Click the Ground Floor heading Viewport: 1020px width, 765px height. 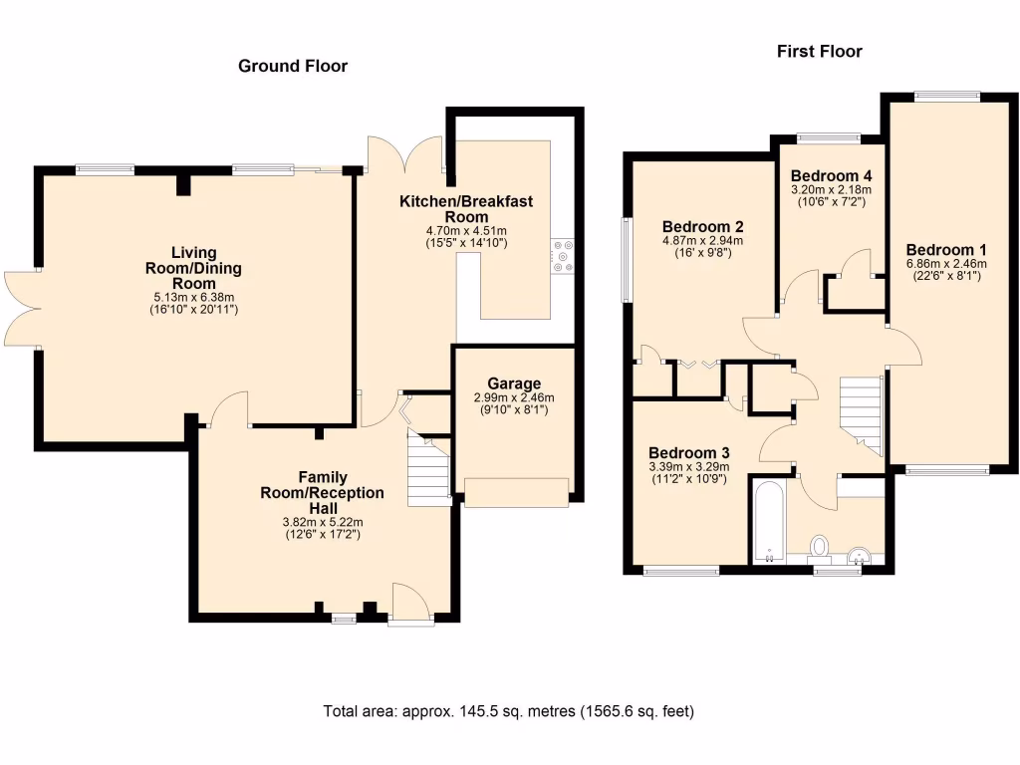(292, 67)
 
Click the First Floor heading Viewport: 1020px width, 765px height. (819, 51)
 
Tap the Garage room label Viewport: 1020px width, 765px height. (514, 383)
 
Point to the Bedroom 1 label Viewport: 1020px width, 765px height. (945, 250)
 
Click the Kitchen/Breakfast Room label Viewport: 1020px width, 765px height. (466, 209)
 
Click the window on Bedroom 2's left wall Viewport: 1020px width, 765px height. (627, 259)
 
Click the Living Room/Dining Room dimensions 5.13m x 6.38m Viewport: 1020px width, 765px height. (192, 297)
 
